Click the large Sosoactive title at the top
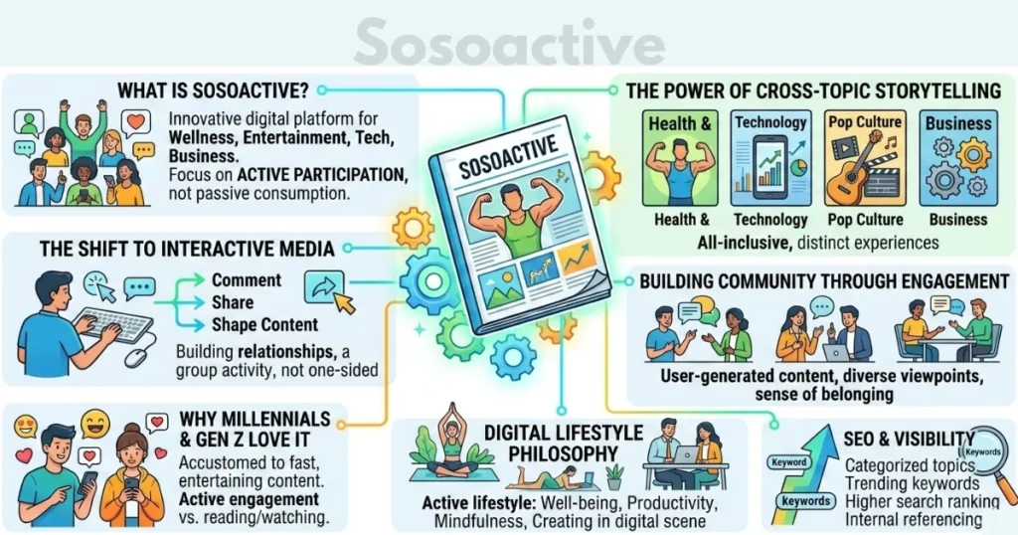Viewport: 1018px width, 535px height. (x=508, y=43)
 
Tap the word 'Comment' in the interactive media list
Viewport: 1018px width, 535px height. (x=247, y=280)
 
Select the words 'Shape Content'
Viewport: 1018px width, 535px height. (x=264, y=325)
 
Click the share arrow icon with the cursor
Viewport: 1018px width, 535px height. (x=326, y=287)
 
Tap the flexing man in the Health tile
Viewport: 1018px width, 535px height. (x=679, y=169)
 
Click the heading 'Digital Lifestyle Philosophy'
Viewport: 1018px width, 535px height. (x=551, y=444)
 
